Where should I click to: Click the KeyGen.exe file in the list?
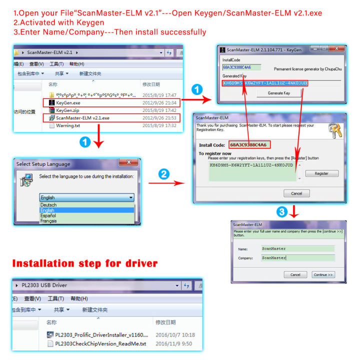[68, 102]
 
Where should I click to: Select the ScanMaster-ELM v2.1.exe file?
[82, 118]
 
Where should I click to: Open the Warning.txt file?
[68, 125]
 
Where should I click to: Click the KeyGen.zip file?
[67, 110]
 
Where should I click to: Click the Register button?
[321, 173]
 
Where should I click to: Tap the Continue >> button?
[323, 274]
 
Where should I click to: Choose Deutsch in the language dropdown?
[48, 205]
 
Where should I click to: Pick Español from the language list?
[48, 215]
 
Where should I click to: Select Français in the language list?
[49, 221]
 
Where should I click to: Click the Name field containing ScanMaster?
[297, 248]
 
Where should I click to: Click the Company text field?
[297, 258]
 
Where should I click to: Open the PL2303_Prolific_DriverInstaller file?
[100, 335]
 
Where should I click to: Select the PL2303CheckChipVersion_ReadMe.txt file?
[100, 343]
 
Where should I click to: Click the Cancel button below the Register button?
[296, 193]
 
